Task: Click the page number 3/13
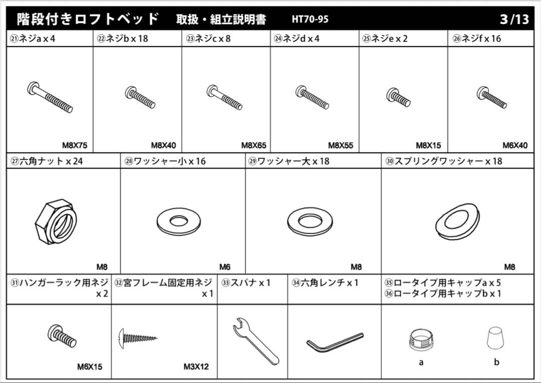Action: click(x=514, y=20)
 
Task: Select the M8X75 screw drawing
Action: click(x=50, y=97)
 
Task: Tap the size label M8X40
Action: click(x=163, y=145)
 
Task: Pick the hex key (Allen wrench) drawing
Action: click(x=335, y=342)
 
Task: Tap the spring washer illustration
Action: click(x=457, y=222)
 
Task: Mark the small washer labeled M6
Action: click(x=177, y=220)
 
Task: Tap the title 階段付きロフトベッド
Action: click(x=88, y=19)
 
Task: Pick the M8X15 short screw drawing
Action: click(x=399, y=97)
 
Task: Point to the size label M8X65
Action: click(x=253, y=145)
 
